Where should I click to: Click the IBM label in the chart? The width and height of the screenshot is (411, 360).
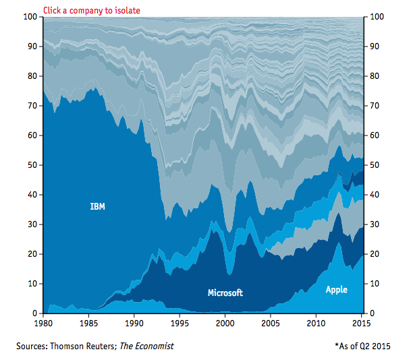click(x=97, y=206)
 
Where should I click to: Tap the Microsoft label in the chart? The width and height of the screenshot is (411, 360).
click(x=225, y=293)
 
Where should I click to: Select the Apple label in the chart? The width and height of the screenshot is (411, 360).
click(x=336, y=289)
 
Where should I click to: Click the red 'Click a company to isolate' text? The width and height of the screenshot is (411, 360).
click(x=92, y=10)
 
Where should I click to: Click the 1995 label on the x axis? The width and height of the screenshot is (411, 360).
click(x=180, y=324)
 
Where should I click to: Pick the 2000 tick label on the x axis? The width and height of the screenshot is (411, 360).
click(x=225, y=324)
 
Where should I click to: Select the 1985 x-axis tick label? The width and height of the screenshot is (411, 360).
click(x=88, y=324)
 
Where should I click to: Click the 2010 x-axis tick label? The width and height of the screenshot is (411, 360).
click(x=316, y=324)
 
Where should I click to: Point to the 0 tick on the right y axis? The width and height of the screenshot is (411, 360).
click(x=371, y=313)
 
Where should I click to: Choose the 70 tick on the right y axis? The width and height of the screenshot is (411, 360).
click(x=373, y=106)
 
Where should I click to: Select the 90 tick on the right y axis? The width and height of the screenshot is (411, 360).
click(x=373, y=47)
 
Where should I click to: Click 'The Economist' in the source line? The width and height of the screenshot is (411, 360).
click(x=146, y=346)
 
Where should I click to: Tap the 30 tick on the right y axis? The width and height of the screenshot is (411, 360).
click(x=373, y=224)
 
